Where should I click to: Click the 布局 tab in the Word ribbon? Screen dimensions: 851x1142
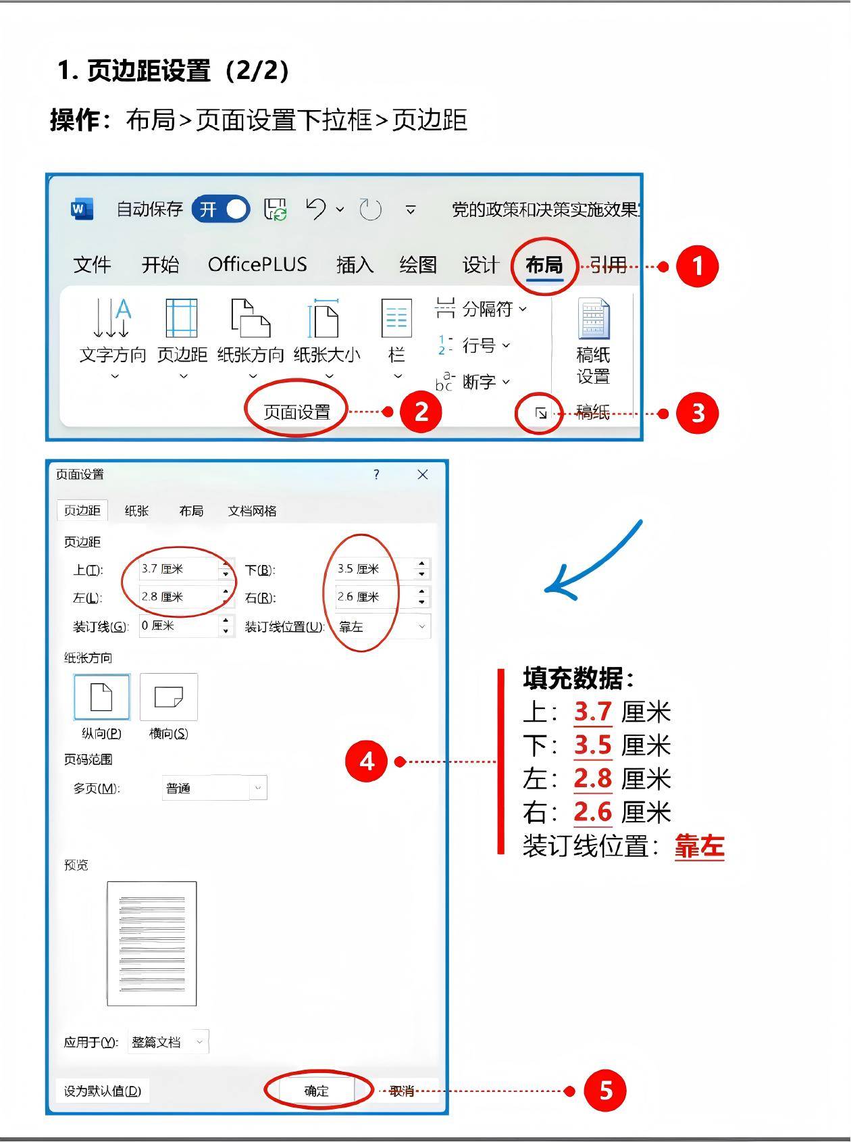pos(544,265)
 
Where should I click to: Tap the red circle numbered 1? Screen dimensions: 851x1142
pos(698,266)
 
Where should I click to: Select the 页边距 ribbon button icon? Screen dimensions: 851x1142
pos(182,318)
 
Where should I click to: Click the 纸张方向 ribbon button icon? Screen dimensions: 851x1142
pos(251,318)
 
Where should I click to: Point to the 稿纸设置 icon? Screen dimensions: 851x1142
pos(594,318)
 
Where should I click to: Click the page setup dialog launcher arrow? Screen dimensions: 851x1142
pos(541,412)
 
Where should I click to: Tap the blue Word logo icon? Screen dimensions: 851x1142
pos(82,209)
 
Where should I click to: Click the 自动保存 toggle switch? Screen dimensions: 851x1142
pos(221,209)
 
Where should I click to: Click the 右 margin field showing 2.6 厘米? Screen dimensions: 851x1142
pos(382,597)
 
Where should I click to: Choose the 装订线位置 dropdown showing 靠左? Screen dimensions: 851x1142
pos(382,626)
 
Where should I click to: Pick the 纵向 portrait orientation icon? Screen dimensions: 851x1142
pos(101,697)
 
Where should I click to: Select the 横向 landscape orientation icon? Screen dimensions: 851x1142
pos(169,697)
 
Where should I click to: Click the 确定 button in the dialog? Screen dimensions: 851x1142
pos(317,1091)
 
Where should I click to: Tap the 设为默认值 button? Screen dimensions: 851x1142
pos(103,1091)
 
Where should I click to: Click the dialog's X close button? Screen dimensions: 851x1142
pos(423,474)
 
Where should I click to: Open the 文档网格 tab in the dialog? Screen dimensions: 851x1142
pos(252,511)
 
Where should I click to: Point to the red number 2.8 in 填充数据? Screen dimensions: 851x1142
pos(592,778)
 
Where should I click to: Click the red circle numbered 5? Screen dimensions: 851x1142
pos(605,1090)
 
